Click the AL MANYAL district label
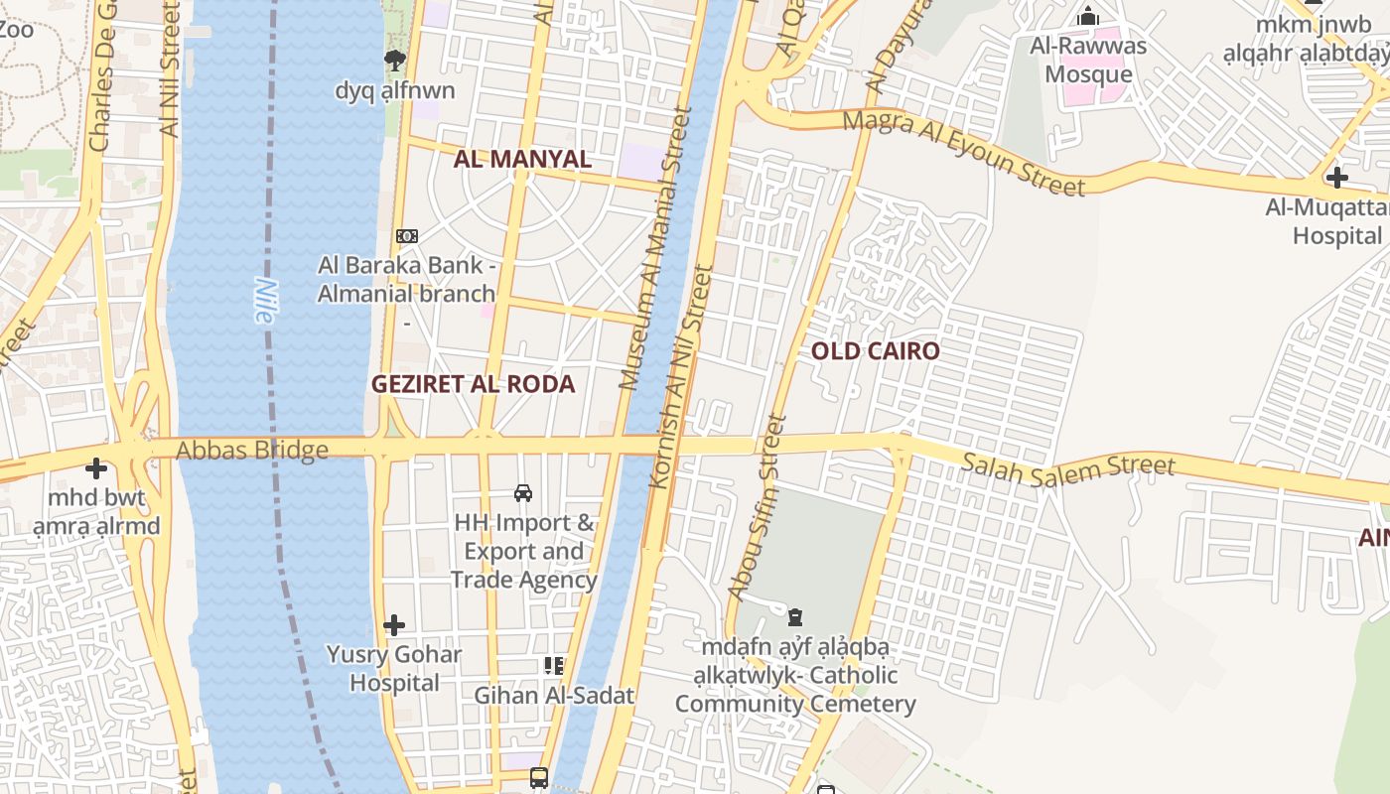tap(522, 159)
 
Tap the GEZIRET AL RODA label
tap(473, 385)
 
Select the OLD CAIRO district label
tap(875, 351)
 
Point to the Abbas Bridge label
tap(252, 451)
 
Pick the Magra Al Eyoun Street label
tap(963, 152)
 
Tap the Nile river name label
tap(264, 300)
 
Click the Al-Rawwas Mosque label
tap(1088, 60)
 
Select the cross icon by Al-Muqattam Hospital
tap(1337, 178)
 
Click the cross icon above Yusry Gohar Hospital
tap(394, 624)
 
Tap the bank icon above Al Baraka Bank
tap(407, 236)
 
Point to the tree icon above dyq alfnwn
tap(395, 61)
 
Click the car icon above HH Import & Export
tap(523, 492)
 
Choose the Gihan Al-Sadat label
tap(553, 695)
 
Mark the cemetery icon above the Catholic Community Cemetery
tap(794, 617)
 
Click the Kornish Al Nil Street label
tap(681, 376)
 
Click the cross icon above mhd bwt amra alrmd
tap(96, 467)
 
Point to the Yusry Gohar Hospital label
tap(394, 668)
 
